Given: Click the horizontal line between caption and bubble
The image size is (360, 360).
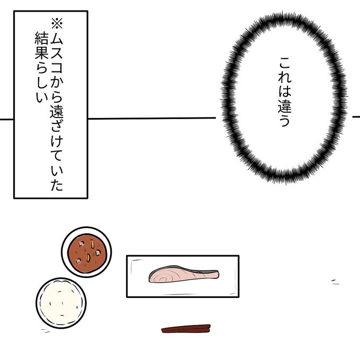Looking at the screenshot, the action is (x=154, y=118).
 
